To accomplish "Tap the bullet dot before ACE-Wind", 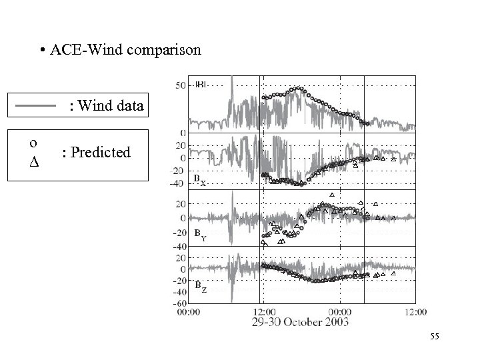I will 42,51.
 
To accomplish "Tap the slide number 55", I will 435,339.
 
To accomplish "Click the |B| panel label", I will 201,85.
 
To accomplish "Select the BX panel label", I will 199,180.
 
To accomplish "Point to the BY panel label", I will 199,235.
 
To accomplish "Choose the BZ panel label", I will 200,287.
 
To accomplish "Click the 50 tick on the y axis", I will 181,85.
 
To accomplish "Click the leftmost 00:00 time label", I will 187,311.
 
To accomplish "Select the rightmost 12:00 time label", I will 416,311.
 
